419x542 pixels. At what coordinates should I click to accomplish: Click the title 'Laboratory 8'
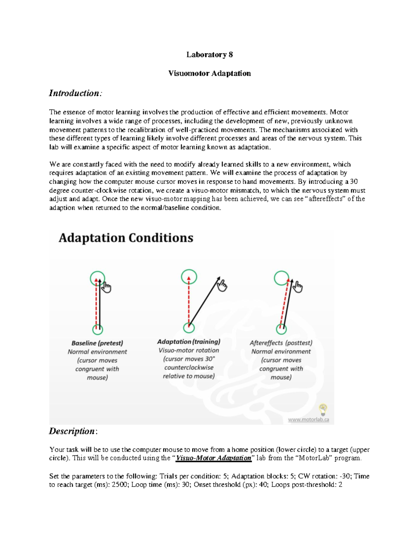[209, 54]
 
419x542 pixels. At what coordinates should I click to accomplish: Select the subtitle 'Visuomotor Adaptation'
[209, 73]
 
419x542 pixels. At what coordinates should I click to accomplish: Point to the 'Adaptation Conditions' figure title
[126, 238]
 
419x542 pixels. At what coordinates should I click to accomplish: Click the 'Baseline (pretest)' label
[97, 343]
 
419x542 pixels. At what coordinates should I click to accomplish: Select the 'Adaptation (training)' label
[189, 342]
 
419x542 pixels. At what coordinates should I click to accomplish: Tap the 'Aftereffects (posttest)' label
[281, 343]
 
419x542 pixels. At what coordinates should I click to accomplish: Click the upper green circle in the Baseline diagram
[97, 278]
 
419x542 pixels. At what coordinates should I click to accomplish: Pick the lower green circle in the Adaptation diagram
[189, 328]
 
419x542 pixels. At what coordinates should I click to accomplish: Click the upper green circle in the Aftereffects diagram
[281, 278]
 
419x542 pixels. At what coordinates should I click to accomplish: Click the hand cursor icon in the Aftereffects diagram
[297, 287]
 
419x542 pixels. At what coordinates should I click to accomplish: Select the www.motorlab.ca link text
[308, 420]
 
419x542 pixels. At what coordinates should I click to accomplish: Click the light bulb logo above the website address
[323, 408]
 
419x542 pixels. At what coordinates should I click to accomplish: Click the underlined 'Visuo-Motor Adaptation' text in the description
[213, 458]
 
